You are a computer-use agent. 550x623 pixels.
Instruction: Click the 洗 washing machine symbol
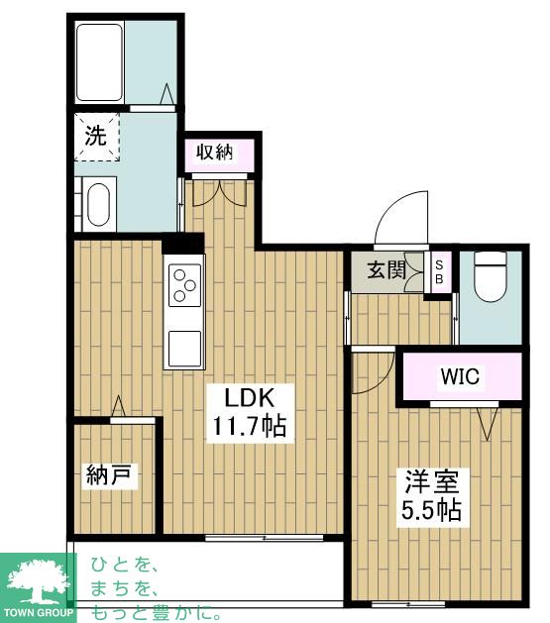click(x=95, y=138)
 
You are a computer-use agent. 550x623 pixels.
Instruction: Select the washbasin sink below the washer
click(x=97, y=206)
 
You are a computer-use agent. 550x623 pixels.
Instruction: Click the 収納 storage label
click(x=214, y=153)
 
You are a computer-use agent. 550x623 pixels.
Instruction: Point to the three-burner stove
click(x=185, y=285)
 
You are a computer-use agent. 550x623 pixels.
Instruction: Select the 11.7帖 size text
click(x=248, y=428)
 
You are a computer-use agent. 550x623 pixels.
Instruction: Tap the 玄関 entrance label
click(x=385, y=268)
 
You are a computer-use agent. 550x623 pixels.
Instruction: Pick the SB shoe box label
click(x=441, y=271)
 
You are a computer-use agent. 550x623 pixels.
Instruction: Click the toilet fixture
click(x=490, y=277)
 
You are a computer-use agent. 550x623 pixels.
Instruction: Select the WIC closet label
click(x=461, y=376)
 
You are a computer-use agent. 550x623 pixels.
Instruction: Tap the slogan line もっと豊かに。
click(x=157, y=612)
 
